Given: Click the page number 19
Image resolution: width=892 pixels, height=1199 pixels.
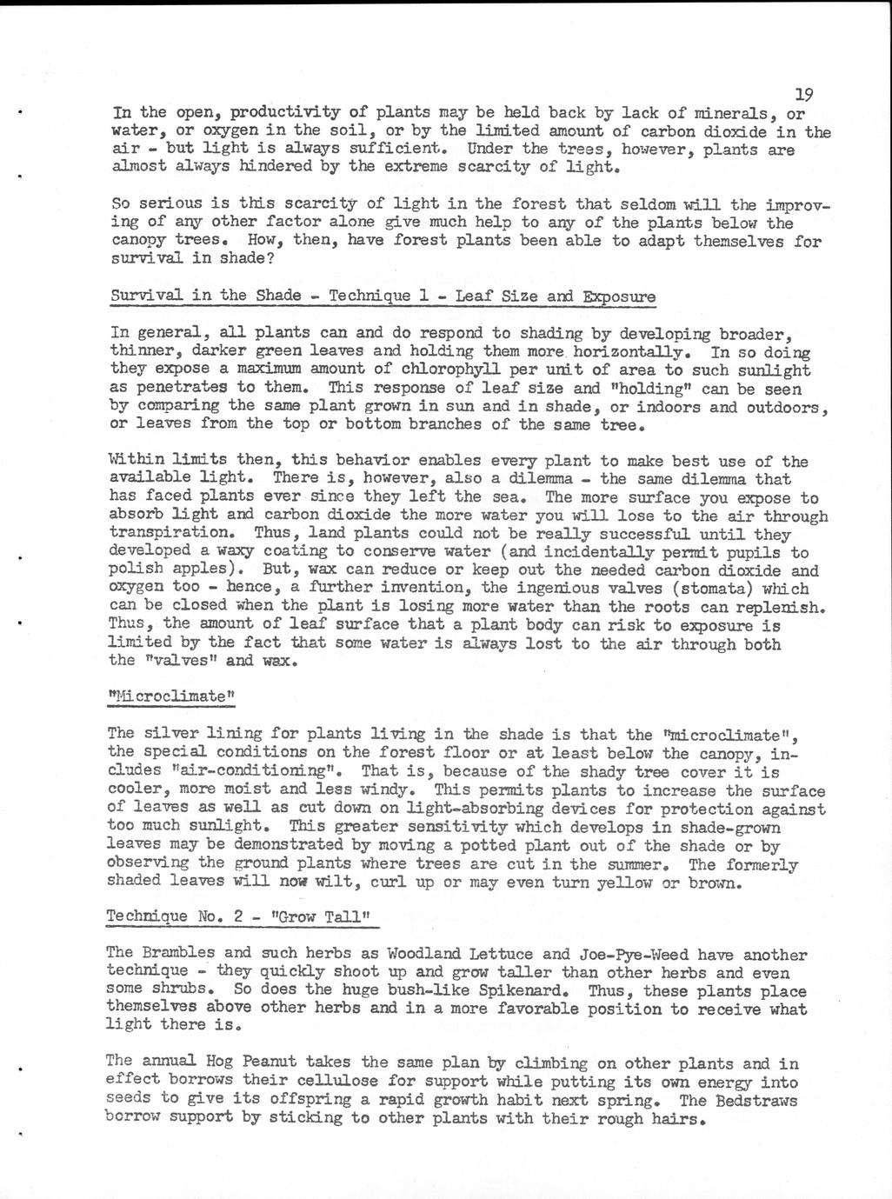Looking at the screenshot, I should [804, 95].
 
